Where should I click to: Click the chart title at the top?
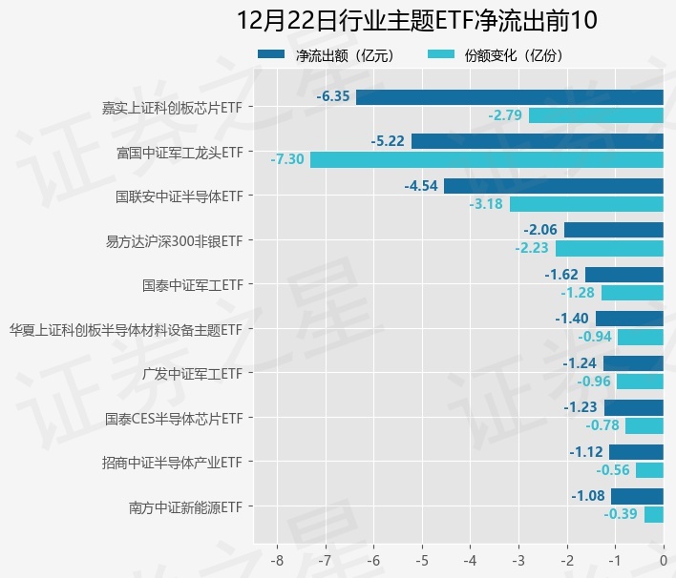click(x=416, y=20)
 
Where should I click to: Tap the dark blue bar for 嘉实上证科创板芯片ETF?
click(x=509, y=97)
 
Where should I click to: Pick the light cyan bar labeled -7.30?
click(x=486, y=159)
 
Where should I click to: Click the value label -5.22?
click(x=388, y=141)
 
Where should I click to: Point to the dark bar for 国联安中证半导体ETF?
click(x=553, y=186)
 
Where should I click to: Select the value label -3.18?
click(x=486, y=204)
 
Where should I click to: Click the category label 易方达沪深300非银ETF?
click(x=174, y=240)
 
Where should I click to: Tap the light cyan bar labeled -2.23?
click(x=609, y=248)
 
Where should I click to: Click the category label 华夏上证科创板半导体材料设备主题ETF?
click(x=125, y=329)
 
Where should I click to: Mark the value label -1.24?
click(x=580, y=362)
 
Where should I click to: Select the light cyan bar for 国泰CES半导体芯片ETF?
click(x=644, y=425)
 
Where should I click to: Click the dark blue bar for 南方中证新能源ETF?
click(x=637, y=496)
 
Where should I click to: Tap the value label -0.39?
click(x=621, y=514)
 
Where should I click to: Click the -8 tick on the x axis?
click(x=278, y=559)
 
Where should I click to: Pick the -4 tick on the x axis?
click(x=471, y=559)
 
